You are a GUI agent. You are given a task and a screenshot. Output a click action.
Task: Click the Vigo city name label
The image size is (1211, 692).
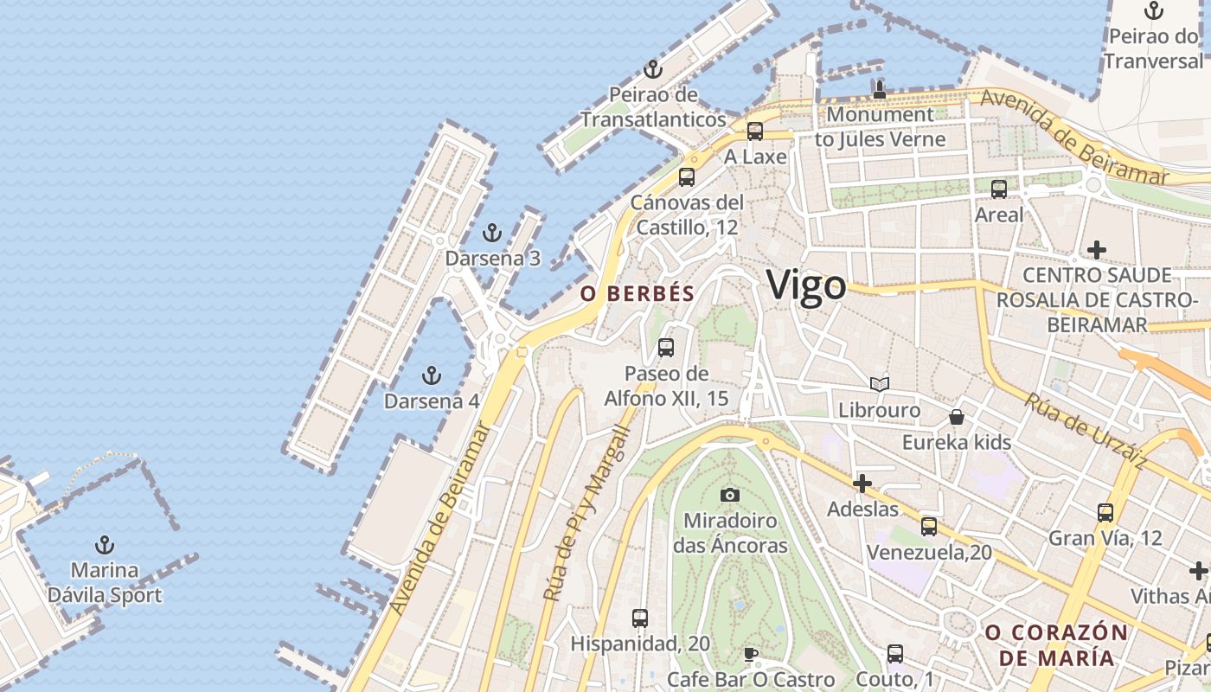[x=806, y=285]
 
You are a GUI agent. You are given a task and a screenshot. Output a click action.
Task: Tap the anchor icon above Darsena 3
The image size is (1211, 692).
[x=491, y=233]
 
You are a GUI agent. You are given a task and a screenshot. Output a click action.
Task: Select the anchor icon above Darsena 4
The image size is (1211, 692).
[x=431, y=375]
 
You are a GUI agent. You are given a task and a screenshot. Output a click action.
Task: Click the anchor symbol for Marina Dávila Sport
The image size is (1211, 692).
[x=105, y=545]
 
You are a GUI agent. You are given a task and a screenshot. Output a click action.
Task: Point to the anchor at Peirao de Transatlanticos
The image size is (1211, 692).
[x=653, y=69]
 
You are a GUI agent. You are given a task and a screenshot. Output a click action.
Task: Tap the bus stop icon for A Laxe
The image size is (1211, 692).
[x=755, y=131]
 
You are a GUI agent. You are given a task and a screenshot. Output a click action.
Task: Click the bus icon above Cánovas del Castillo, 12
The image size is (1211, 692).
[x=687, y=177]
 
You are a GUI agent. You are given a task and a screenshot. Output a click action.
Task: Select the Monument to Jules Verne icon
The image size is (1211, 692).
[x=880, y=88]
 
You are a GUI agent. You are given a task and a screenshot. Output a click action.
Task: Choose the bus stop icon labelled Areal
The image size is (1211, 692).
[x=999, y=189]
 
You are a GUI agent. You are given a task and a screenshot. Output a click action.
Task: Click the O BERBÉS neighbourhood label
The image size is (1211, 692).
[x=638, y=294]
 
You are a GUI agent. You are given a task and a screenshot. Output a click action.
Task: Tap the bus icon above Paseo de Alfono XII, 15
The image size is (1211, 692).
[x=666, y=348]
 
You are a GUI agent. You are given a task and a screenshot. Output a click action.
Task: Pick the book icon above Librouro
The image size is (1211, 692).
[x=879, y=384]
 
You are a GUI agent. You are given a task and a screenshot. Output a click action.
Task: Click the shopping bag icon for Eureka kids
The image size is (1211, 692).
[x=957, y=417]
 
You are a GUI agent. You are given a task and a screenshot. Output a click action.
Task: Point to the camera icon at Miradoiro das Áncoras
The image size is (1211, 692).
[x=730, y=495]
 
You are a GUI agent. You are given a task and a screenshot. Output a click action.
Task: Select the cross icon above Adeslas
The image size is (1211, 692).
[x=862, y=484]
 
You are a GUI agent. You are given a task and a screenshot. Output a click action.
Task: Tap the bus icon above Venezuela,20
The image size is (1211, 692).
[x=929, y=526]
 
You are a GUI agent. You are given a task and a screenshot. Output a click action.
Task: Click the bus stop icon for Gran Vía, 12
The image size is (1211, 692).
[x=1105, y=512]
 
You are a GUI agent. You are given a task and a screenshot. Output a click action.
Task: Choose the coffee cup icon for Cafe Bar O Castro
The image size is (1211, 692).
[x=751, y=654]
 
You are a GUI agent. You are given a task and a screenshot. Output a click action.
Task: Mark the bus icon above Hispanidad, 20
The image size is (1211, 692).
[x=640, y=618]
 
